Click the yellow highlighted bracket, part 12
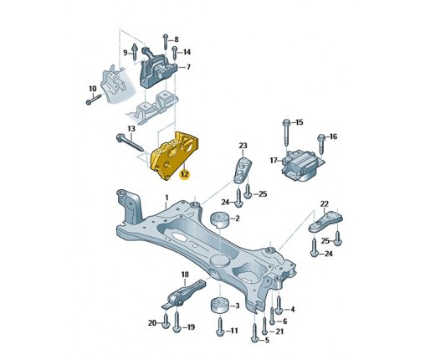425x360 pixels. pyautogui.click(x=173, y=155)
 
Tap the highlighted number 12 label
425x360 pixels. pyautogui.click(x=185, y=174)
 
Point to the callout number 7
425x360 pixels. pyautogui.click(x=188, y=67)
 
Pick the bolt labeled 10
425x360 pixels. pyautogui.click(x=93, y=100)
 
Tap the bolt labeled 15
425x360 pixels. pyautogui.click(x=286, y=133)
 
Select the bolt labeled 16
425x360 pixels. pyautogui.click(x=321, y=144)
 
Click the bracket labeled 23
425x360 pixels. pyautogui.click(x=242, y=170)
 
